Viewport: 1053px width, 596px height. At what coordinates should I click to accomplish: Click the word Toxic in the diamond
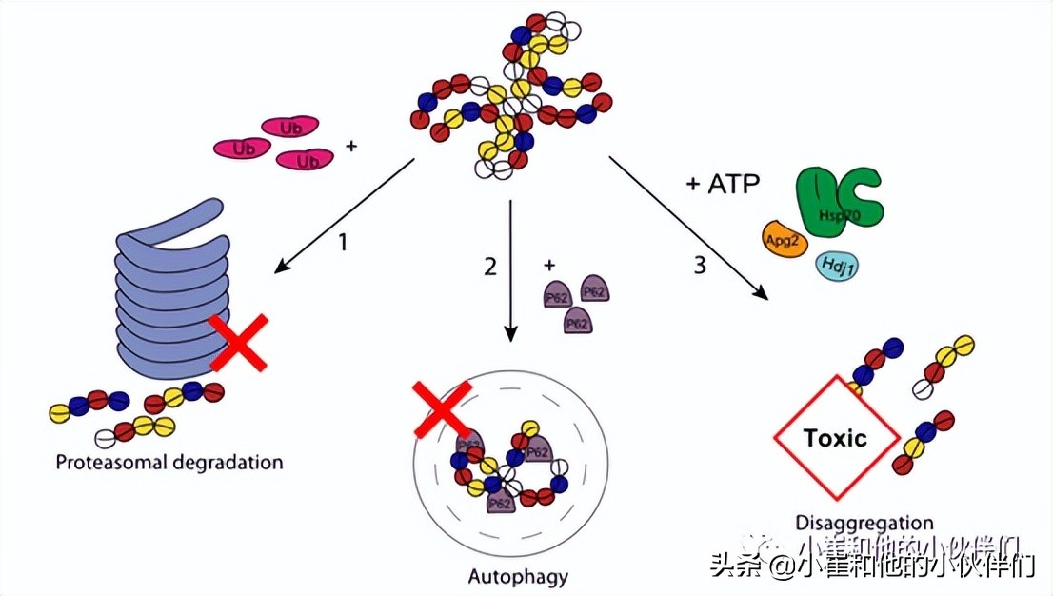coord(835,438)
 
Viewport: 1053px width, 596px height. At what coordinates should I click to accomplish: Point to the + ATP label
coord(723,184)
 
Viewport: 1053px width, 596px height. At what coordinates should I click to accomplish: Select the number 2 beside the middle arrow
coord(490,267)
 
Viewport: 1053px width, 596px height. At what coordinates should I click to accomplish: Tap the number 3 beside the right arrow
coord(700,267)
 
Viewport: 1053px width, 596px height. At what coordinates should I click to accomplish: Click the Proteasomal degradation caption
coord(169,464)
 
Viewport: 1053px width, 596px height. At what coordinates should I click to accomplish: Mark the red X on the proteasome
coord(237,342)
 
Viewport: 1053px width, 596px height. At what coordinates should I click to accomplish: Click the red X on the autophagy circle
coord(441,407)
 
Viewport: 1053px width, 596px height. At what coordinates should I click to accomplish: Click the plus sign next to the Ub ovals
coord(352,148)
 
